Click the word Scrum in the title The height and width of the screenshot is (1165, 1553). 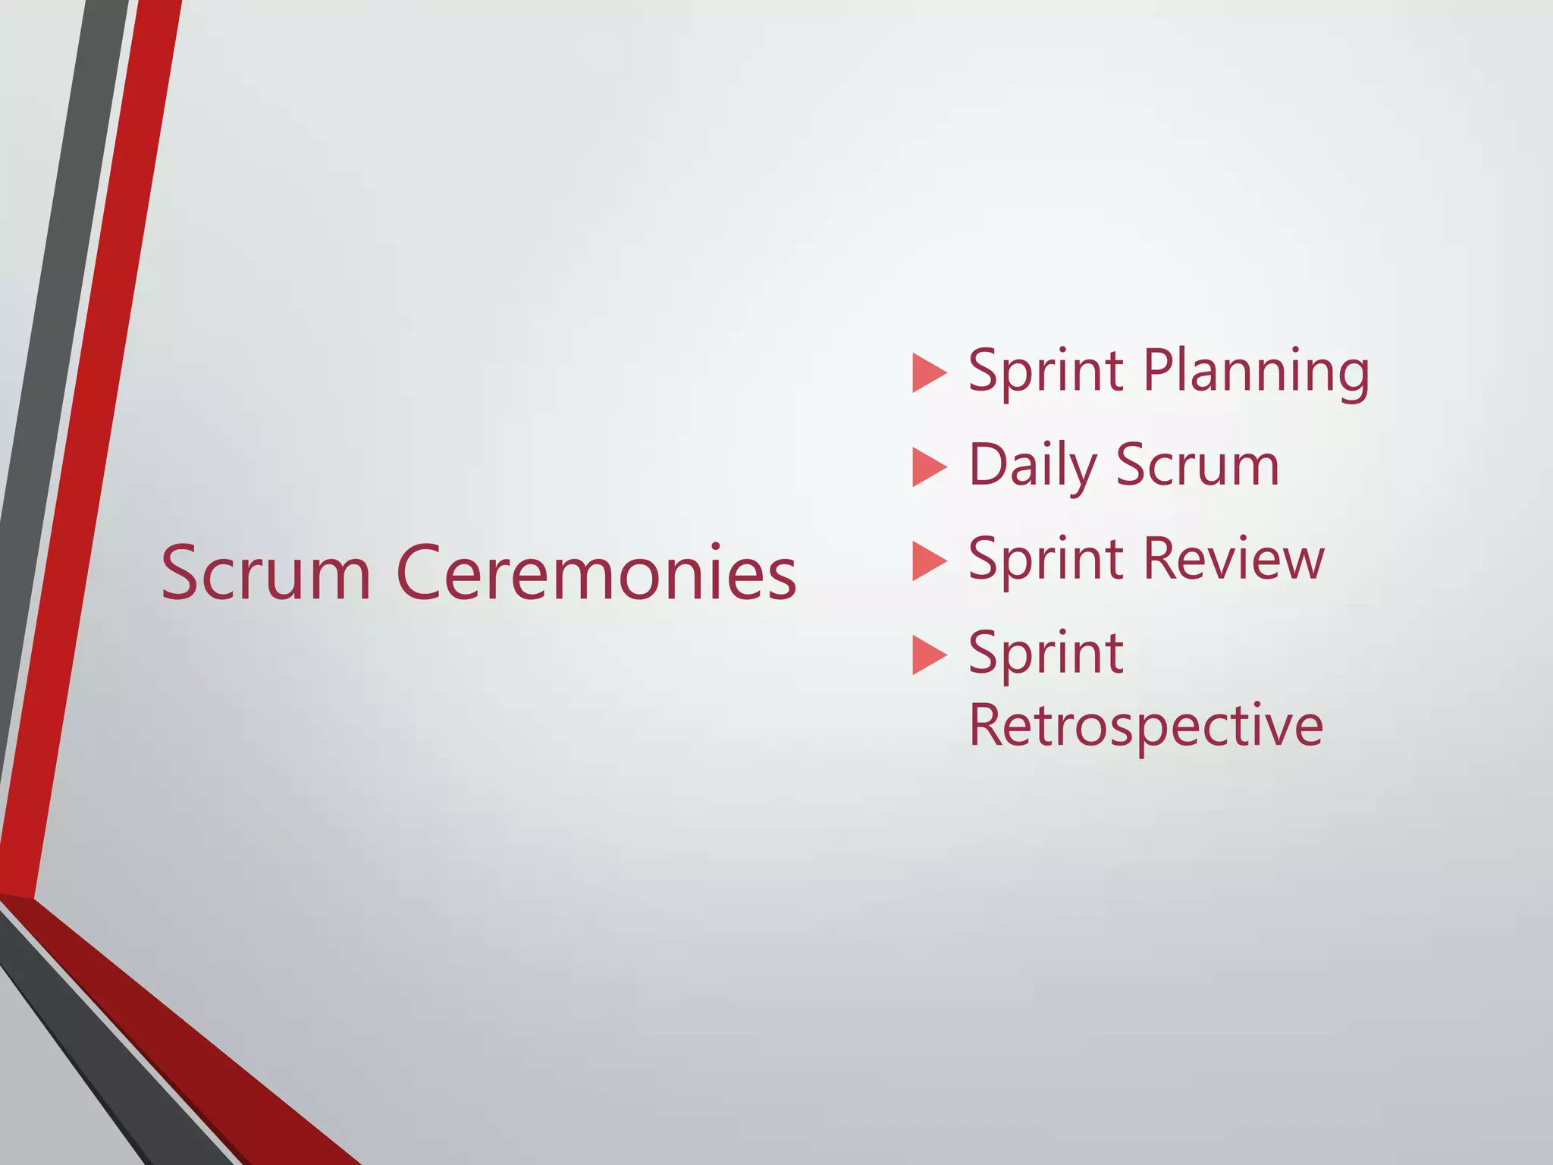tap(265, 573)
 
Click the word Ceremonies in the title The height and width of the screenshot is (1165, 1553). tap(596, 573)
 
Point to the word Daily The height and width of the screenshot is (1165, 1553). tap(1032, 466)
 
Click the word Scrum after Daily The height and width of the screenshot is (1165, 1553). tap(1197, 466)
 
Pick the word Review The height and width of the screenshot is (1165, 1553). tap(1233, 560)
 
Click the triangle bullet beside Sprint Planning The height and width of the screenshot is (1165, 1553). tap(929, 373)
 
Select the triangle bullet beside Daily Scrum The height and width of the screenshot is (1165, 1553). tap(929, 467)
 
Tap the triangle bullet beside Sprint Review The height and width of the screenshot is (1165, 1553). tap(929, 561)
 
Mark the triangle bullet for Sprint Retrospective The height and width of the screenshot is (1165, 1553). tap(929, 655)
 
